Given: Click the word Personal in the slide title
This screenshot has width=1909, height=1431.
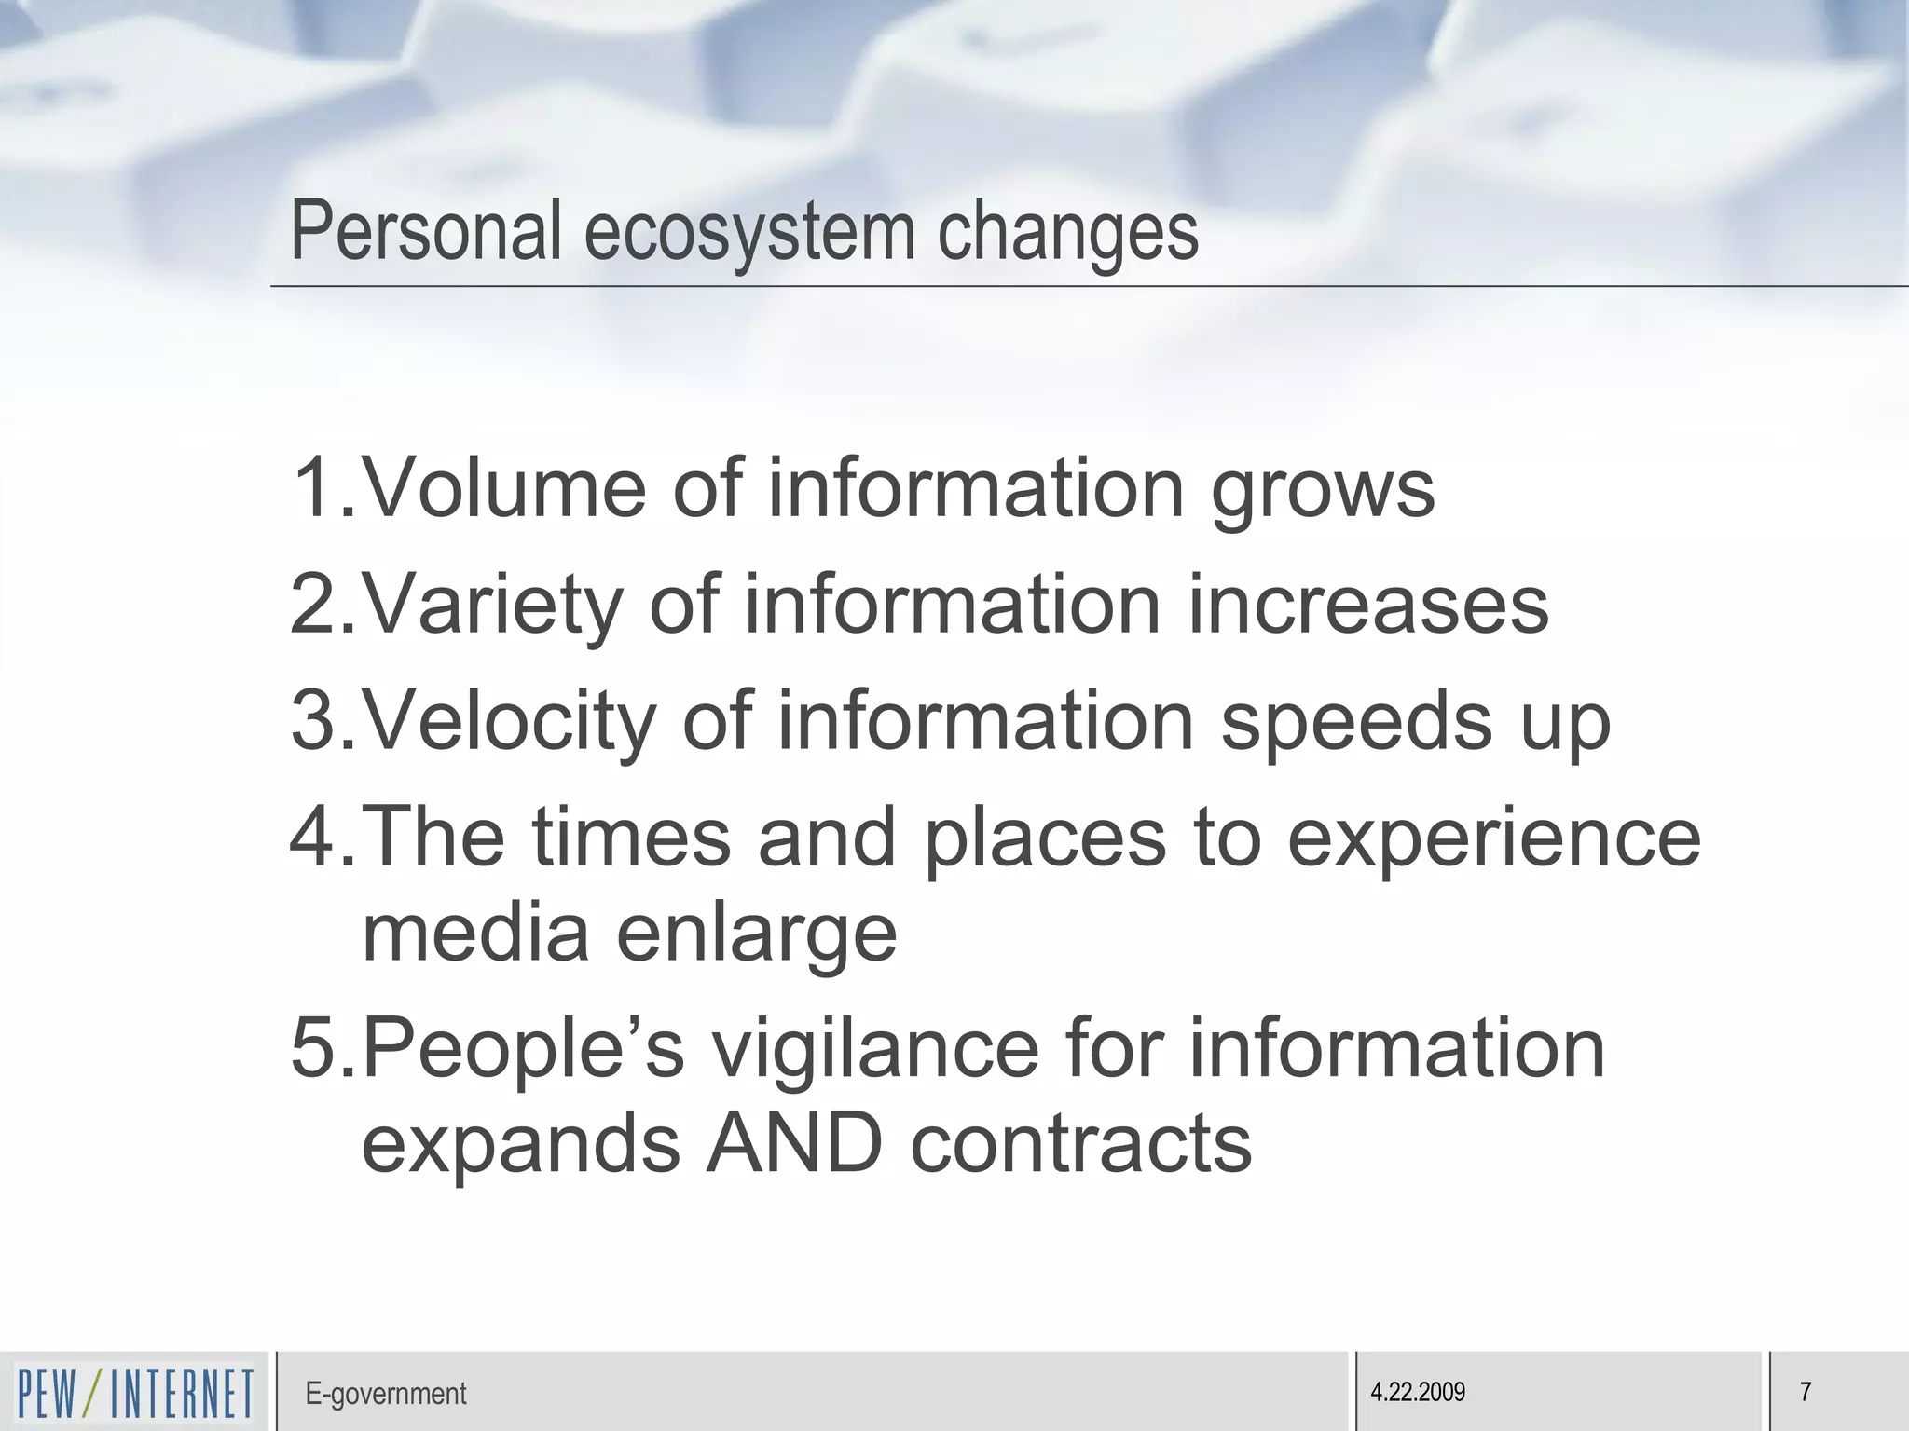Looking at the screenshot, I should (x=426, y=231).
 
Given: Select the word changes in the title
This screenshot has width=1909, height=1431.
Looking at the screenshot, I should (x=1067, y=231).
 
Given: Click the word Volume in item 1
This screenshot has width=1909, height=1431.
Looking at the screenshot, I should (x=503, y=488).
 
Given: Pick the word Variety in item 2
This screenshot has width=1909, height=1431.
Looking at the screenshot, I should (x=491, y=606).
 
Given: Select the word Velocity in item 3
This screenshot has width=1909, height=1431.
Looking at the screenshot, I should (x=508, y=721).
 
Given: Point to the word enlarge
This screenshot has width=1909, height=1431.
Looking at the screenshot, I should (x=756, y=935).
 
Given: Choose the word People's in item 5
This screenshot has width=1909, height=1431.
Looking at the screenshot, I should (x=523, y=1050).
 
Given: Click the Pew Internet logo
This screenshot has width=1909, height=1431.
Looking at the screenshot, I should (x=135, y=1393).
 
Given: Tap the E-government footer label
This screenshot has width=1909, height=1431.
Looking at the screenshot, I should (x=385, y=1394).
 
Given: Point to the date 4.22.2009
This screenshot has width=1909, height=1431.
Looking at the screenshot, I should (x=1418, y=1393).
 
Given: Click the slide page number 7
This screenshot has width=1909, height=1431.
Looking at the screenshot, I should (x=1806, y=1393).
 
